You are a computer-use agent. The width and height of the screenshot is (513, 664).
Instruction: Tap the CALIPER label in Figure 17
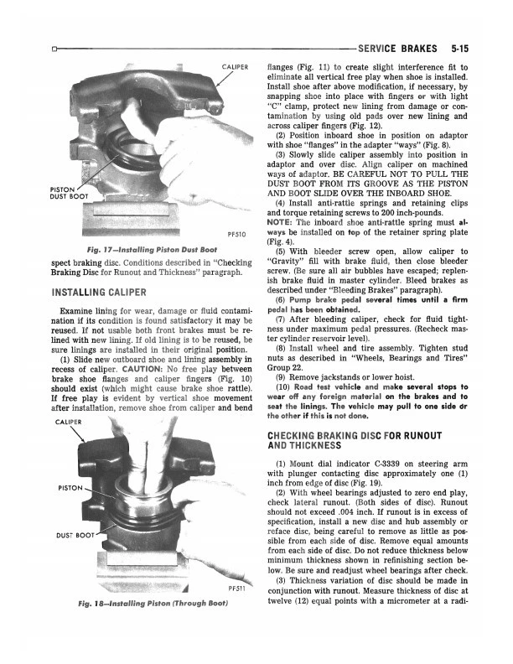coord(239,66)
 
